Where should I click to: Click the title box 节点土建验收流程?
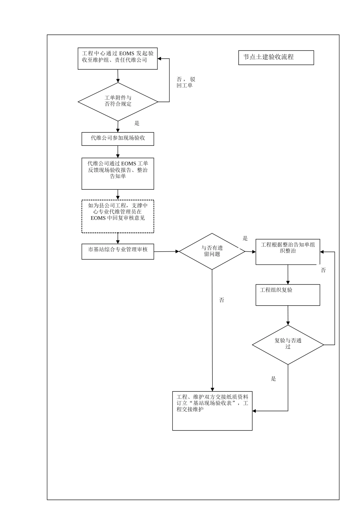[x=276, y=58]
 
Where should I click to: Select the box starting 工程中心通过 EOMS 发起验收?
[x=117, y=59]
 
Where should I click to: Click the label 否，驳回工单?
[x=186, y=82]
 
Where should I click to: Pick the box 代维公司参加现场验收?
[x=118, y=139]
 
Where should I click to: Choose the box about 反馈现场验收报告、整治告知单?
[x=118, y=173]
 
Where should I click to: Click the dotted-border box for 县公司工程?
[x=118, y=216]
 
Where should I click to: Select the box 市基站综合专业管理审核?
[x=118, y=251]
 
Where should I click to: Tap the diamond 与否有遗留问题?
[x=212, y=251]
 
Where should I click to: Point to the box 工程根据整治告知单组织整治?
[x=288, y=251]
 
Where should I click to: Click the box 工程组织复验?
[x=288, y=295]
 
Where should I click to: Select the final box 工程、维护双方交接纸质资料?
[x=212, y=411]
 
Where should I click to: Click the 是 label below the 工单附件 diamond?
[x=137, y=123]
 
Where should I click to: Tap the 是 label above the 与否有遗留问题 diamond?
[x=245, y=238]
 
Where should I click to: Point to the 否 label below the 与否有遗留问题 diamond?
[x=222, y=300]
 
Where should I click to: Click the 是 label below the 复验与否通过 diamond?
[x=274, y=379]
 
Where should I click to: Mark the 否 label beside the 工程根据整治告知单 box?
[x=323, y=270]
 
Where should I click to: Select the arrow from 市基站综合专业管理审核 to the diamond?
[x=166, y=251]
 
